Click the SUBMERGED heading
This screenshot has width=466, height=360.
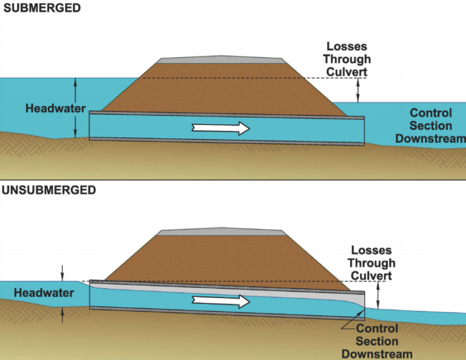coord(41,8)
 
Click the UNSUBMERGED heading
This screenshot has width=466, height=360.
coord(49,190)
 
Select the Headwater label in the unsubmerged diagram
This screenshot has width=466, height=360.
coord(44,293)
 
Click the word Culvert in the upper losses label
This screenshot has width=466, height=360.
coord(346,72)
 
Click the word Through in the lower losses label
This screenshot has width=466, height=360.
coord(371,263)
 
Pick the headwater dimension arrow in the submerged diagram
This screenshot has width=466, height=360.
coord(75,108)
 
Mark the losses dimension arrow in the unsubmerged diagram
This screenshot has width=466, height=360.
coord(379,295)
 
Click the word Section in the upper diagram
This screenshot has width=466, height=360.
coord(431,126)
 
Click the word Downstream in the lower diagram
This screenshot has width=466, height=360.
coord(377,354)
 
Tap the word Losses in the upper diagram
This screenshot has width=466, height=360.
coord(346,47)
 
